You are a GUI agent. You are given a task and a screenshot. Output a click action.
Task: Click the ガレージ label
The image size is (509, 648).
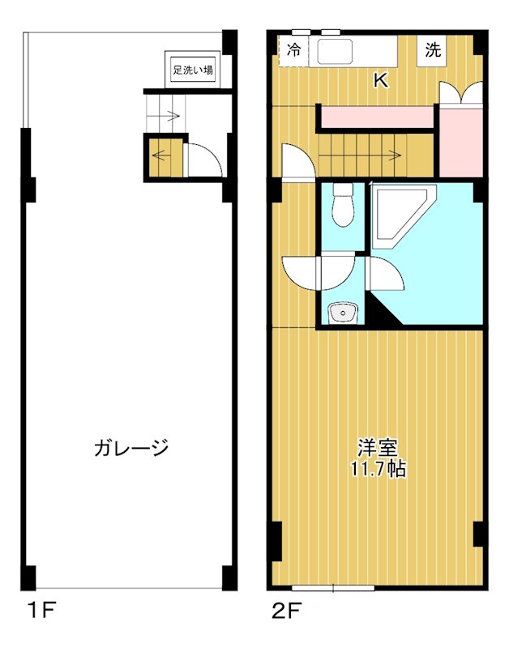(x=130, y=447)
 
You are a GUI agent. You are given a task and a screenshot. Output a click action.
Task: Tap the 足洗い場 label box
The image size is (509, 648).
(x=192, y=70)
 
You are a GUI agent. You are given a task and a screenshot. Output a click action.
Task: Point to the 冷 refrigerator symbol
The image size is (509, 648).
(x=293, y=49)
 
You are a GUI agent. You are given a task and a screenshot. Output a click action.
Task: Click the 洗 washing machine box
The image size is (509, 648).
(x=434, y=49)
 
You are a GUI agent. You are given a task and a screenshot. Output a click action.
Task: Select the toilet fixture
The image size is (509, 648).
(x=344, y=206)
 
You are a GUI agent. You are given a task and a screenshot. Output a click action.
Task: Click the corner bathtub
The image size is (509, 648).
(x=398, y=215)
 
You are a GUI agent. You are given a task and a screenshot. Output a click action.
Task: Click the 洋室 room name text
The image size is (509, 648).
(x=379, y=447)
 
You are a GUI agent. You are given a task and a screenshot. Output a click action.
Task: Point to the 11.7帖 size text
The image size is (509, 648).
(x=379, y=468)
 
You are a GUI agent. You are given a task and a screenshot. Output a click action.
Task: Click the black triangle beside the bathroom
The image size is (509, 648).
(x=379, y=313)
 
